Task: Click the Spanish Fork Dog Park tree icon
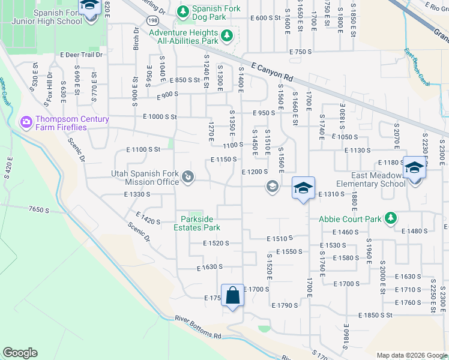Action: click(184, 11)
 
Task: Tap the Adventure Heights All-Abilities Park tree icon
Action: click(227, 36)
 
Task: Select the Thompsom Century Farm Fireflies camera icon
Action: click(26, 122)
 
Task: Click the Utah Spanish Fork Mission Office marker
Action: click(188, 177)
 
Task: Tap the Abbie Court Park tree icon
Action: click(390, 217)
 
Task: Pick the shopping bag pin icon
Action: click(233, 295)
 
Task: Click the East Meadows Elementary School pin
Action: click(414, 168)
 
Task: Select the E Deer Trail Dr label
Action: click(82, 54)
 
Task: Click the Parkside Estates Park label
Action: click(197, 223)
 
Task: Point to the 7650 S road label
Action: click(38, 209)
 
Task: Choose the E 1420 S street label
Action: click(148, 218)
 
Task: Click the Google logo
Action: click(20, 352)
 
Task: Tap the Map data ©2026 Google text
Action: click(412, 355)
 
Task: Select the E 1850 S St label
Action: click(375, 315)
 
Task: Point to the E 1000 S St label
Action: click(160, 117)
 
